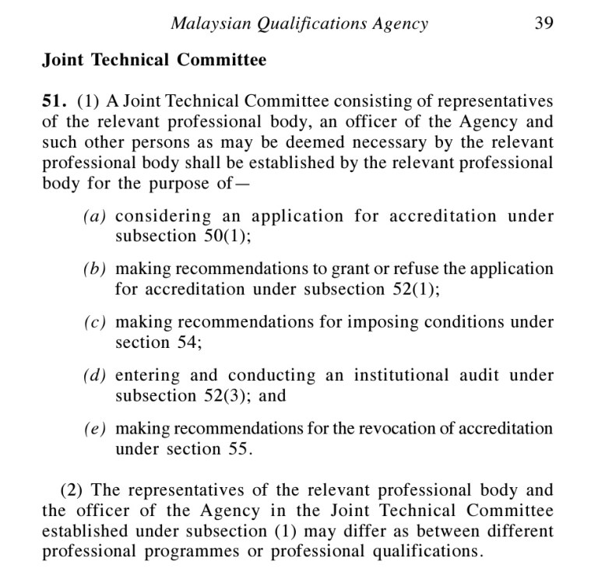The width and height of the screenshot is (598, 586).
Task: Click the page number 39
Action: [x=543, y=23]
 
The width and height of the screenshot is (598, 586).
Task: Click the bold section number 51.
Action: [x=56, y=102]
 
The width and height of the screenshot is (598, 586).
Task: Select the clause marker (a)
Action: [x=97, y=216]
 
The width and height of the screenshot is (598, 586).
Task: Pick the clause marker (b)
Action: [x=97, y=269]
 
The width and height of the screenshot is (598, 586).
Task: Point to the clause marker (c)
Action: [x=97, y=322]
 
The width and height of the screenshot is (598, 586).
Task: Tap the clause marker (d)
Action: [x=97, y=375]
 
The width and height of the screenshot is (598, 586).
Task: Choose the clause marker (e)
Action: [x=97, y=428]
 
